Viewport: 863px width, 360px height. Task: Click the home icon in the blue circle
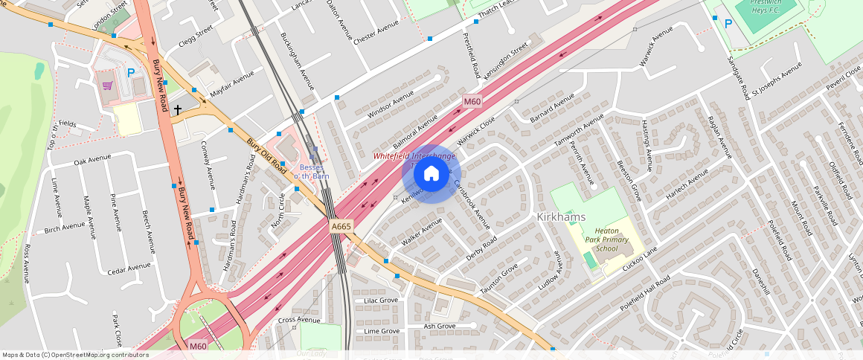coord(431,174)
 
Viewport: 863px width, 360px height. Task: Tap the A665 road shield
coord(341,227)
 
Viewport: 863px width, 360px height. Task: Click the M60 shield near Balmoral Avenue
coord(472,101)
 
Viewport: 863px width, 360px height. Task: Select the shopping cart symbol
coord(108,86)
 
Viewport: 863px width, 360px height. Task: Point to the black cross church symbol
coord(177,110)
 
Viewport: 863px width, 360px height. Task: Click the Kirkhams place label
coord(561,216)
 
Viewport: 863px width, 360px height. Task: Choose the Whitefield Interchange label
coord(414,156)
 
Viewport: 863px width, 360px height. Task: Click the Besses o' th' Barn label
coord(309,172)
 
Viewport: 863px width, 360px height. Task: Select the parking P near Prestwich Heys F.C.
coord(728,24)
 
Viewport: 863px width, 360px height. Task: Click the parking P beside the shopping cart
coord(131,73)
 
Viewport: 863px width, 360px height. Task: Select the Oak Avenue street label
coord(92,158)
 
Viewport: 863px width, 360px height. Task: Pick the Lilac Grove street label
coord(381,300)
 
